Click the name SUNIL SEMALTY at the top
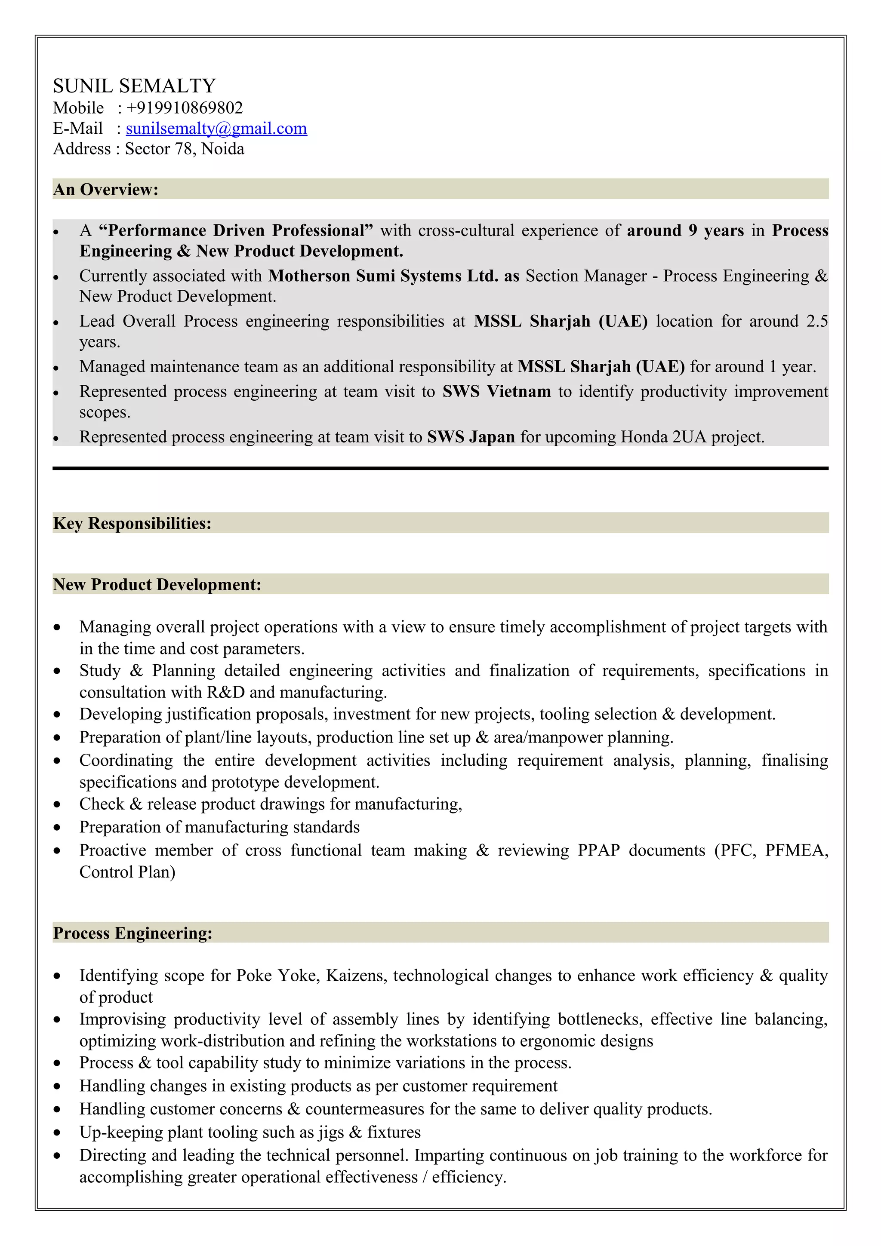pos(134,86)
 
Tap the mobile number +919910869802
pos(185,107)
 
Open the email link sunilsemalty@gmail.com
pos(216,128)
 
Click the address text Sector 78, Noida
pos(185,149)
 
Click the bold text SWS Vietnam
pos(496,391)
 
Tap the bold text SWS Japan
pos(471,437)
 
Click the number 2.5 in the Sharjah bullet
pos(816,321)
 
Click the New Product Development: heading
pos(157,584)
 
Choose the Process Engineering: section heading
pos(132,933)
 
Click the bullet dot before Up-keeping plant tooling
pos(57,1133)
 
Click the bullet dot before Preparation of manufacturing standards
pos(57,828)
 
